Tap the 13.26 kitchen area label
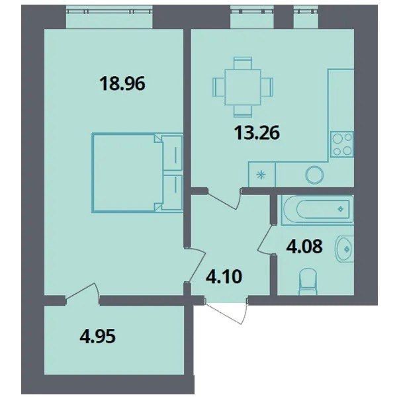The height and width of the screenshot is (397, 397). (x=257, y=132)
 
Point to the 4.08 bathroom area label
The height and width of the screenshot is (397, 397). (x=304, y=249)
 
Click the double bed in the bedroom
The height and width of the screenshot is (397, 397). (x=136, y=173)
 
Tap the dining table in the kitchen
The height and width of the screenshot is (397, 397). (x=243, y=86)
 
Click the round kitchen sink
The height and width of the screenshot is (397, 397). (x=316, y=175)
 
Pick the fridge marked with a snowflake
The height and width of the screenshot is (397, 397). (x=261, y=175)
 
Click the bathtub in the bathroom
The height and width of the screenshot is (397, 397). (x=316, y=210)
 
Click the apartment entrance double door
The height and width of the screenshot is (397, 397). (x=224, y=306)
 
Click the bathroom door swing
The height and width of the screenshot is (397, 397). (x=266, y=240)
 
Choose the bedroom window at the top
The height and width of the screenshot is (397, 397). (x=110, y=18)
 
